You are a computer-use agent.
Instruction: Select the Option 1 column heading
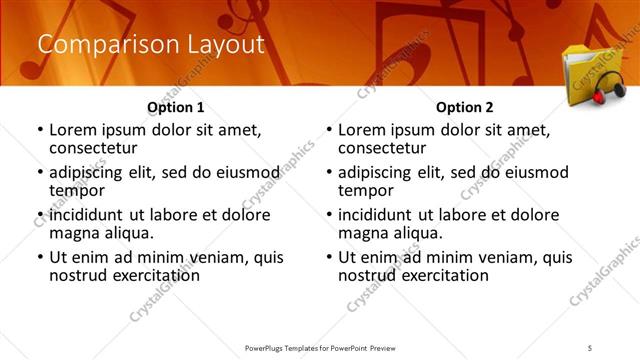tap(176, 107)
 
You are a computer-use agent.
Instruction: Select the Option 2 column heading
tap(464, 107)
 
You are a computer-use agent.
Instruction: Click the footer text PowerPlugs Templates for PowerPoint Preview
tap(320, 347)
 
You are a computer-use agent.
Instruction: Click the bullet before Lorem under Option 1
tap(39, 130)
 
